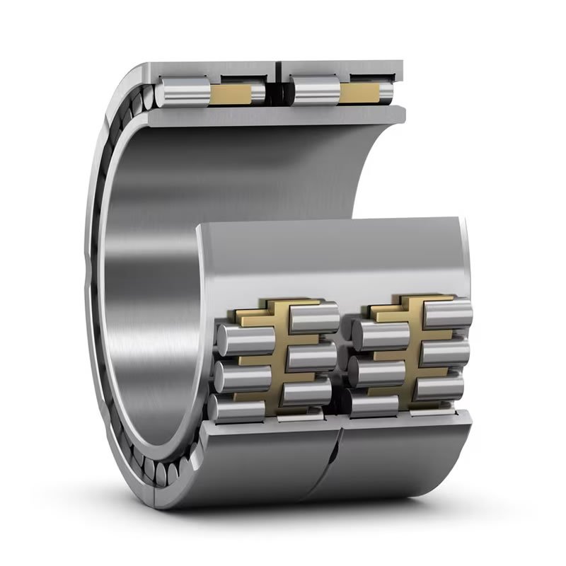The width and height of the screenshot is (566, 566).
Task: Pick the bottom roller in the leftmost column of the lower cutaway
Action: click(x=237, y=408)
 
